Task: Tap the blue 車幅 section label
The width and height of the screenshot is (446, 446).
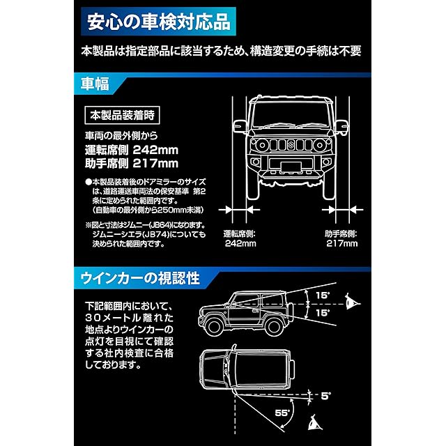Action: pos(94,86)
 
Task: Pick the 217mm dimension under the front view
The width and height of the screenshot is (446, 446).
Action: pos(341,244)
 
